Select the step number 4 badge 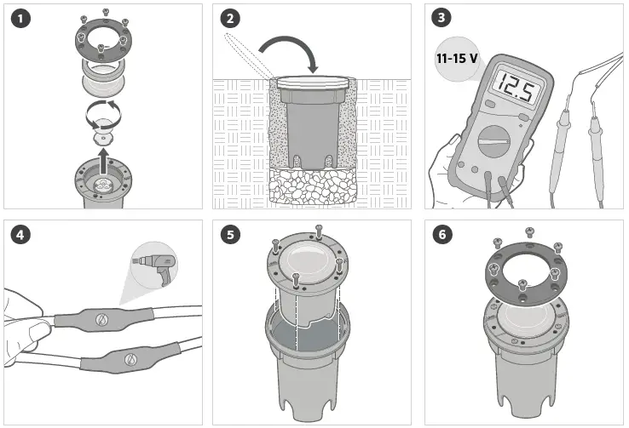[x=19, y=235]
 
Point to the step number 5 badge [x=230, y=235]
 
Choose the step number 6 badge [x=441, y=235]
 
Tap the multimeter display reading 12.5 [x=515, y=88]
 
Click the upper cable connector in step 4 [x=101, y=318]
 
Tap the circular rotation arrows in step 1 [x=104, y=112]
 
